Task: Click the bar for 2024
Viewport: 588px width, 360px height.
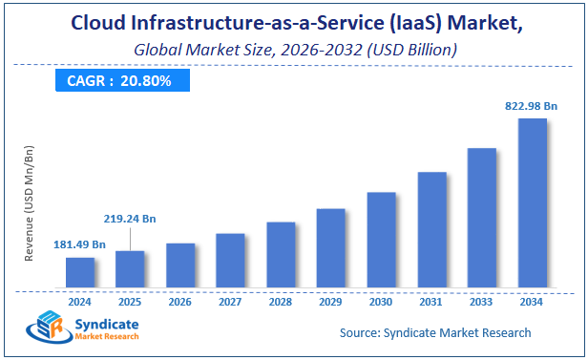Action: pyautogui.click(x=80, y=272)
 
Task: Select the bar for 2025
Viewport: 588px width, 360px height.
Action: pyautogui.click(x=130, y=268)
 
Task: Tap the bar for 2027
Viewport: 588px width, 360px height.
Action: pyautogui.click(x=230, y=260)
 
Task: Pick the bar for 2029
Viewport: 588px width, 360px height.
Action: pyautogui.click(x=330, y=247)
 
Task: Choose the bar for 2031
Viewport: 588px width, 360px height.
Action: pyautogui.click(x=431, y=229)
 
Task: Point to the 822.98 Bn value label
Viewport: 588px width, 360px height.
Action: pyautogui.click(x=532, y=106)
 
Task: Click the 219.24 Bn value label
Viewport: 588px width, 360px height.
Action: pyautogui.click(x=130, y=218)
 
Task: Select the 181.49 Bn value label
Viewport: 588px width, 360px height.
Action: pyautogui.click(x=80, y=244)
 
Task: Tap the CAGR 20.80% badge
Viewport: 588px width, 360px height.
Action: pyautogui.click(x=119, y=81)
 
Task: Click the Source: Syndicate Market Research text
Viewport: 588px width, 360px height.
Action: pyautogui.click(x=435, y=332)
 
